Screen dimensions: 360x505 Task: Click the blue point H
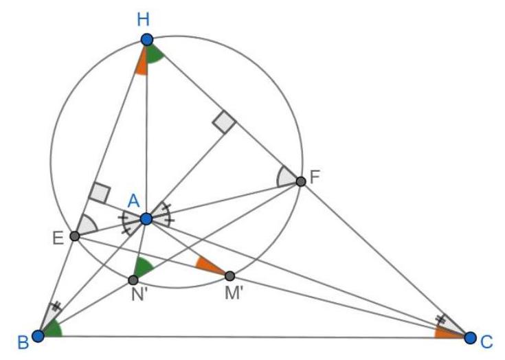click(x=146, y=40)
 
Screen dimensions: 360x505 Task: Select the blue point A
click(x=146, y=219)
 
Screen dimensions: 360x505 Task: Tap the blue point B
click(x=38, y=335)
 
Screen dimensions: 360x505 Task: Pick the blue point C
click(x=470, y=337)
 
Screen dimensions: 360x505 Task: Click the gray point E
click(x=75, y=236)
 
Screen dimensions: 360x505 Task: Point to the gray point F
click(x=300, y=181)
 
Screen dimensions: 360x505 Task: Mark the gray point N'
click(x=133, y=280)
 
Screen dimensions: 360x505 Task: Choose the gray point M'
click(x=229, y=276)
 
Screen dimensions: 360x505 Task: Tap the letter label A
click(x=134, y=201)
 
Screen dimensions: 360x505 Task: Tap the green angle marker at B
click(x=54, y=329)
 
